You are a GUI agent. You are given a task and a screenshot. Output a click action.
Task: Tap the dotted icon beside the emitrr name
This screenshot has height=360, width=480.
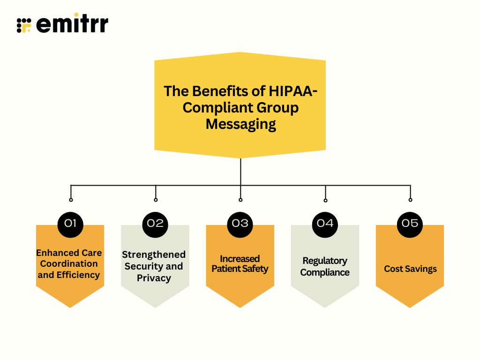point(24,25)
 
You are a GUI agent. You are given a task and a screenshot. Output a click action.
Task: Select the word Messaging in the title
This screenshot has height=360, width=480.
point(240,124)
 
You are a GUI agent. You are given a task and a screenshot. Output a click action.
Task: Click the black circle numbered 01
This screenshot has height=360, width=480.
point(70,223)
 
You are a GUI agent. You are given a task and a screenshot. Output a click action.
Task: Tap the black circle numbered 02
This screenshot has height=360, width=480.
point(155,223)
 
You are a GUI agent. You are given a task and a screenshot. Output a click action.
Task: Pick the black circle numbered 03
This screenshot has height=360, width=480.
point(240,223)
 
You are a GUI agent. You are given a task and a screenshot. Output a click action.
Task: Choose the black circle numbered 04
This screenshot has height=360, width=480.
point(325,223)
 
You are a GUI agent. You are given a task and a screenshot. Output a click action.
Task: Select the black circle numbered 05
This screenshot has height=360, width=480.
point(410,223)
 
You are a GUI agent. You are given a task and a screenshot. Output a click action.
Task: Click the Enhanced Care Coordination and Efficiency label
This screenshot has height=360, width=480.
point(70,263)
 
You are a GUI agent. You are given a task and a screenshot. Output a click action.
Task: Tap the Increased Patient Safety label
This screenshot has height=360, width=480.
point(240,263)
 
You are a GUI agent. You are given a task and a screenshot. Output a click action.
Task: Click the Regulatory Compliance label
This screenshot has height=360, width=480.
point(325,266)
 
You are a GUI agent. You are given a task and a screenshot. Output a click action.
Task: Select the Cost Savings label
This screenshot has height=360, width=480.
point(410,269)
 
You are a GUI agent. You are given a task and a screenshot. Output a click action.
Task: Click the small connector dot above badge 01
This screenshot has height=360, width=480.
point(71,200)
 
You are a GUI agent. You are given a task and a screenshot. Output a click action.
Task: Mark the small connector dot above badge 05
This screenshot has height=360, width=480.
point(410,200)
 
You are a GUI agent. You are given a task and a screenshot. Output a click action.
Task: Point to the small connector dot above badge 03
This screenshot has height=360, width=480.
point(240,200)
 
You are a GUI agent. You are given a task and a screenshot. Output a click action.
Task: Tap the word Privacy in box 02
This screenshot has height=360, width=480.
point(154,278)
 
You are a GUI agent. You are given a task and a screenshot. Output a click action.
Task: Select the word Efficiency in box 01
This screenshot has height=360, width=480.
point(78,275)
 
